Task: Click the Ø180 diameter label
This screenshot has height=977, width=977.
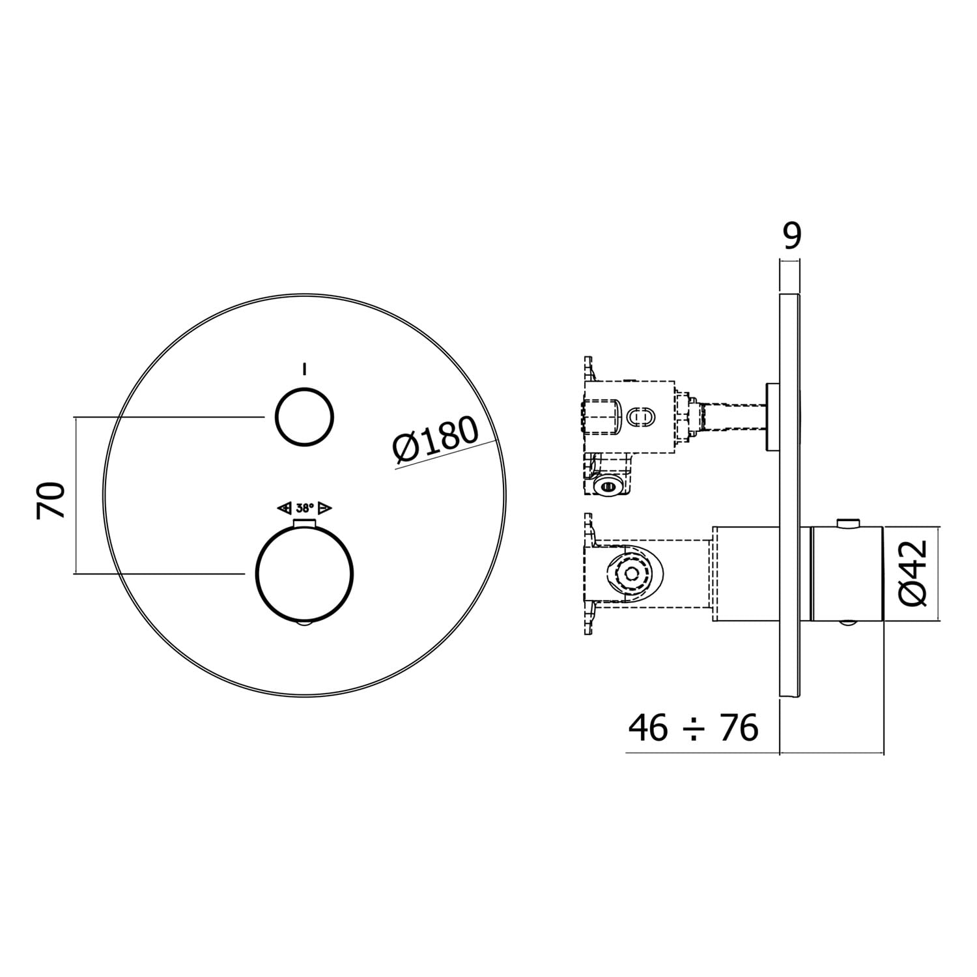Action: (436, 440)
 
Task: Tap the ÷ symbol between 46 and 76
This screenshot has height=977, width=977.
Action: (693, 728)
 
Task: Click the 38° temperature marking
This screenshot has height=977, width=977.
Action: (305, 508)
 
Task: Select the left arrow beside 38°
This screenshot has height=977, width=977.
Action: (284, 508)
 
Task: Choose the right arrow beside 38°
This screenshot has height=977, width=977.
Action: (326, 508)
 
